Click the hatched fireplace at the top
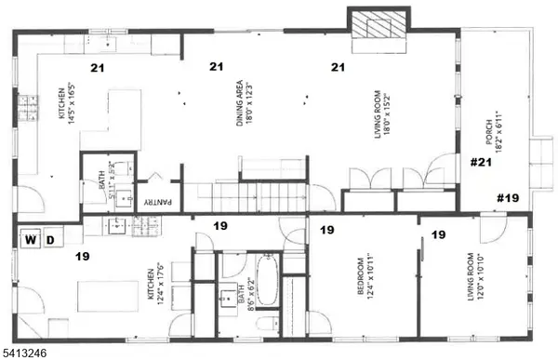pos(378,23)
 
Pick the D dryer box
pos(51,240)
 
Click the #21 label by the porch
pos(480,163)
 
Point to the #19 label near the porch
pos(508,198)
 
